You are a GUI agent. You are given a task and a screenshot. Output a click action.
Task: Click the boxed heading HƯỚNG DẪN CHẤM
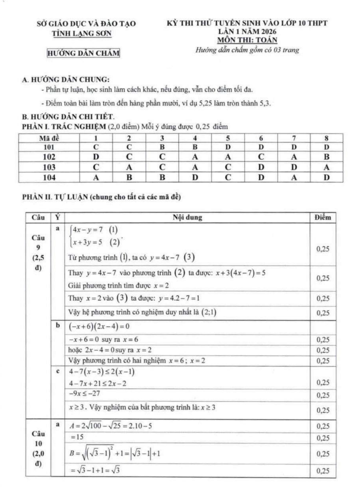click(83, 53)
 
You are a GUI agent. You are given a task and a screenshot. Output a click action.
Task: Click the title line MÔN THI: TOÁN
click(247, 40)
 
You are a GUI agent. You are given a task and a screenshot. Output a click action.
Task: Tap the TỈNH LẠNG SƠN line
click(81, 34)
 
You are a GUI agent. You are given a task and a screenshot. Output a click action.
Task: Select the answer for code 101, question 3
click(162, 147)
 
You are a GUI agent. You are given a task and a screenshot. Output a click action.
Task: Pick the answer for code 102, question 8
click(326, 157)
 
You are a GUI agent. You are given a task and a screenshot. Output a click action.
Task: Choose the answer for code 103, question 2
click(129, 167)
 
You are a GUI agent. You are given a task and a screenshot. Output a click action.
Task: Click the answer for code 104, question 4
click(195, 177)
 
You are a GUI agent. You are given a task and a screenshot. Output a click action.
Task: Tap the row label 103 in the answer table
click(49, 167)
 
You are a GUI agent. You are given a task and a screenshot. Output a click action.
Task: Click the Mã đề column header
click(49, 138)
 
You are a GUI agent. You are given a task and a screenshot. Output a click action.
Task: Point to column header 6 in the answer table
click(261, 138)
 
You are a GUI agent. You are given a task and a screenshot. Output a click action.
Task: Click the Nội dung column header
click(187, 218)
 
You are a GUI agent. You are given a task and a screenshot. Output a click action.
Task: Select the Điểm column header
click(322, 218)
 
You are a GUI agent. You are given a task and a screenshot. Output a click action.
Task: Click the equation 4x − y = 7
click(88, 230)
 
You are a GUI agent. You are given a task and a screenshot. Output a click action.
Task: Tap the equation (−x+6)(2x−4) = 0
click(99, 326)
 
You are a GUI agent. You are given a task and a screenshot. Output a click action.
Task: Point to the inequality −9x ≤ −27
click(84, 394)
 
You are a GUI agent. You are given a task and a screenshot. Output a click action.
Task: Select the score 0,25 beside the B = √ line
click(322, 454)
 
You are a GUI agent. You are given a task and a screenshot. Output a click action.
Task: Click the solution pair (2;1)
click(209, 312)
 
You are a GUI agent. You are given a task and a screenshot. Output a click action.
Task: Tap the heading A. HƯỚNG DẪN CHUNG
click(66, 79)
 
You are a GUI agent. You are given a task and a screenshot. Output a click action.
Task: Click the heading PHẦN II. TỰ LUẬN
click(101, 197)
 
